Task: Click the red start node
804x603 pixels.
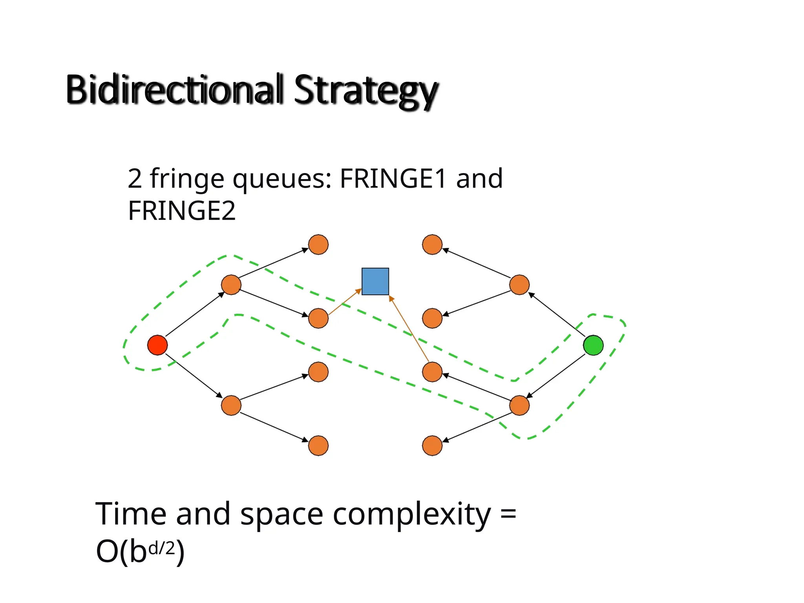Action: tap(157, 345)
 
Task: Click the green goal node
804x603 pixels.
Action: tap(593, 345)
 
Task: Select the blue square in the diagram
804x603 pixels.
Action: tap(375, 281)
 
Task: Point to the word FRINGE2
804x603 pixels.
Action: tap(182, 211)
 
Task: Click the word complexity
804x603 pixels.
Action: tap(412, 514)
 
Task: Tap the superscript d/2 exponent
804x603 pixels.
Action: tap(162, 547)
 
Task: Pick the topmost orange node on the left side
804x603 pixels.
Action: tap(318, 245)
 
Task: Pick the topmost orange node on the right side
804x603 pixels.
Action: tap(432, 245)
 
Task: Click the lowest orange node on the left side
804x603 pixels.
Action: tap(318, 446)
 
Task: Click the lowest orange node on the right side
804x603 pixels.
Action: tap(432, 446)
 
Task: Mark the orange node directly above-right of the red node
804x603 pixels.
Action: tap(231, 285)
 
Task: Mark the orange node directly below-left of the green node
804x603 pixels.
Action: tap(519, 406)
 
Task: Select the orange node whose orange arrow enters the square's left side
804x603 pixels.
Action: tap(318, 318)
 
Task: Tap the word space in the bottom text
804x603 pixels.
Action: tap(281, 514)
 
